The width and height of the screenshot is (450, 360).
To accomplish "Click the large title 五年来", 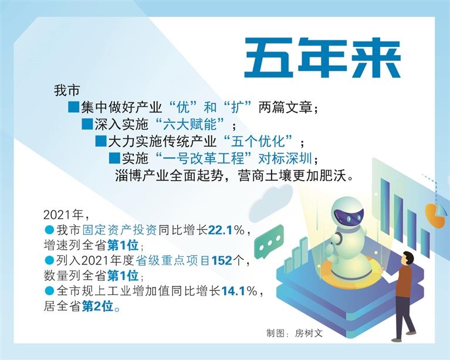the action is click(322, 57).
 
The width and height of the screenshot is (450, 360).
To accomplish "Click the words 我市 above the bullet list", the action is click(66, 91).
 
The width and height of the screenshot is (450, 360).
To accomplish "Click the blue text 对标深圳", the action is click(285, 158).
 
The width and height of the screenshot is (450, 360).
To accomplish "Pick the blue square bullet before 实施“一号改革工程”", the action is click(114, 158).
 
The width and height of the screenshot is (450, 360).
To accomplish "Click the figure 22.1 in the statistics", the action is click(220, 230).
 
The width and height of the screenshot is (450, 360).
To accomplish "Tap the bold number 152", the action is click(222, 260).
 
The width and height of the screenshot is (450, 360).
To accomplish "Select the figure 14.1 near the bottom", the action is click(233, 291).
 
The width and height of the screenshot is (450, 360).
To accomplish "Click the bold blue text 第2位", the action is click(98, 307).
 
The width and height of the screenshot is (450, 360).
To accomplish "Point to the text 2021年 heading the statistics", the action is click(63, 215).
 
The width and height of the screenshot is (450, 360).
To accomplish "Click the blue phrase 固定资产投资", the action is click(120, 230).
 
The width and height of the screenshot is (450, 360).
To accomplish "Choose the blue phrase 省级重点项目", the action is click(172, 261).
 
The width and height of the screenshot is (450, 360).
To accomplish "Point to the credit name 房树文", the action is click(309, 333).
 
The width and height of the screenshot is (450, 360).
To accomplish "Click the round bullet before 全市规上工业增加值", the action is click(49, 291).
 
